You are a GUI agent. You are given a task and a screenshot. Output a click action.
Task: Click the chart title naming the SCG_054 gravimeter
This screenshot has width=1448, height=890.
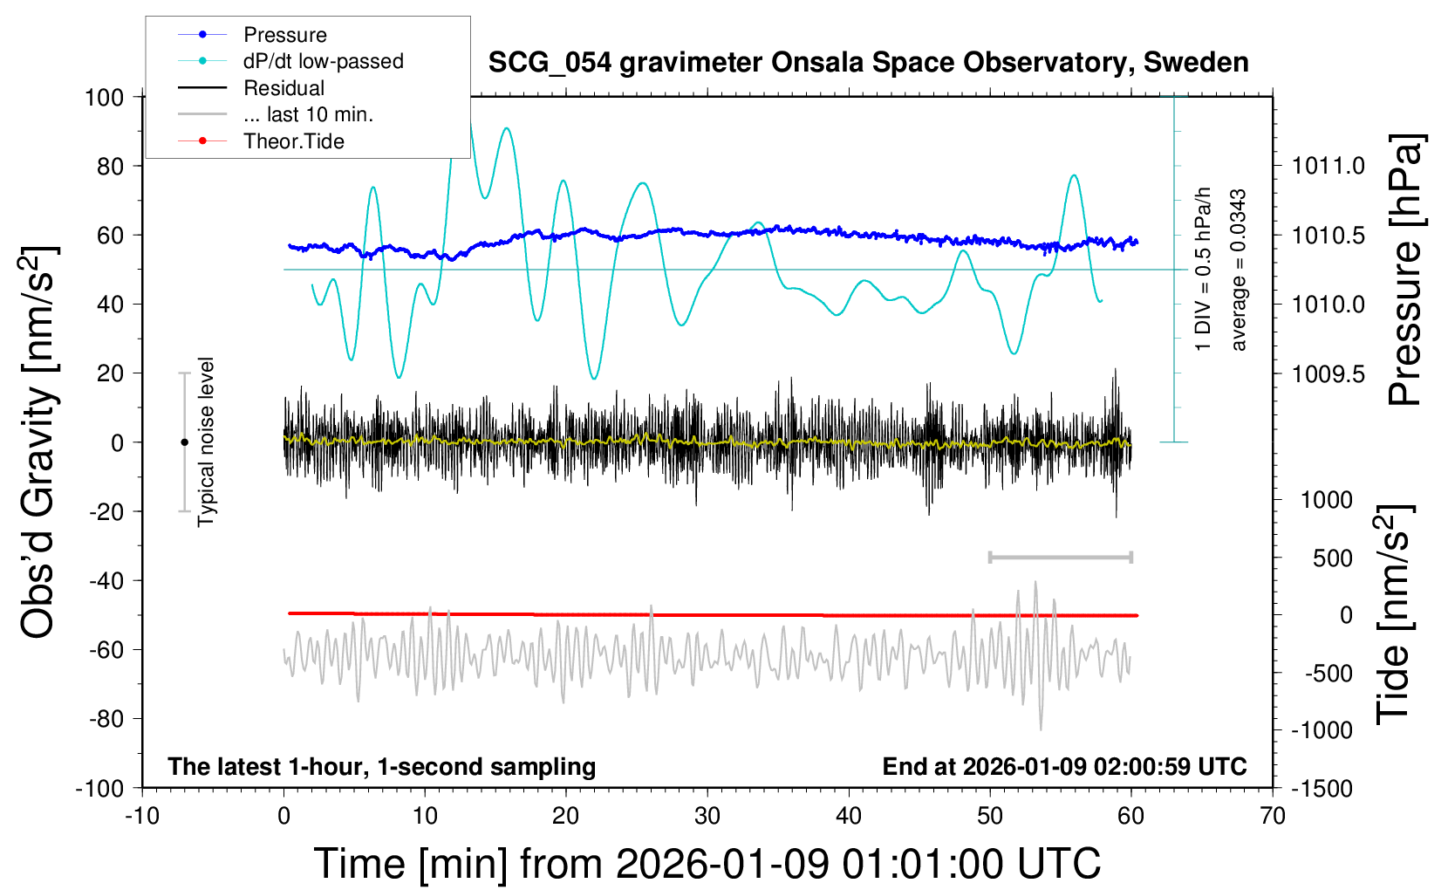point(868,63)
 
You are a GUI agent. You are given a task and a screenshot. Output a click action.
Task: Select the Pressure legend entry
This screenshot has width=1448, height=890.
point(285,35)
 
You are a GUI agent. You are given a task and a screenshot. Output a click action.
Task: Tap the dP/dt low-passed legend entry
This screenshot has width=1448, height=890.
point(323,61)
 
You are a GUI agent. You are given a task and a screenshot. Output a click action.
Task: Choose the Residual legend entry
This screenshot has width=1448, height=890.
point(283,88)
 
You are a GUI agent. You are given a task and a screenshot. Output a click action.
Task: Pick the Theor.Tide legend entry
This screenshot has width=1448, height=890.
point(294,141)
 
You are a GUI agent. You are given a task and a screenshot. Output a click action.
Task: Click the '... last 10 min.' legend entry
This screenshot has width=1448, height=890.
point(308,114)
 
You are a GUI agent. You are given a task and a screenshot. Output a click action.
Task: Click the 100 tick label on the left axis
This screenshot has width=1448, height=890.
point(105,97)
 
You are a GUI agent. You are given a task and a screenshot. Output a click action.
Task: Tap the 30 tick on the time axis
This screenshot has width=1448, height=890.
point(707,816)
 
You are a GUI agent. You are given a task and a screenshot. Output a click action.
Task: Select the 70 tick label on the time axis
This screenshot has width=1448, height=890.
point(1273,816)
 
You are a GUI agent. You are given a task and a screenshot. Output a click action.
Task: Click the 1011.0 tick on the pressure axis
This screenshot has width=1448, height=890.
point(1328,166)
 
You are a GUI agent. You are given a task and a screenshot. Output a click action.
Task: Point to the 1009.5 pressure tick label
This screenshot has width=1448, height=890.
point(1328,374)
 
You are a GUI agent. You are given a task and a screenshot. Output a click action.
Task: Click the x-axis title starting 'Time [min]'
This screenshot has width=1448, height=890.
point(707,864)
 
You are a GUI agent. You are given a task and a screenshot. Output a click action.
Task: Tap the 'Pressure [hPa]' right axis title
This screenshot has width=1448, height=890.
point(1405,270)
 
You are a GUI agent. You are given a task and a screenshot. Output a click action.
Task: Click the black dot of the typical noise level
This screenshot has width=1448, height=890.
point(184,442)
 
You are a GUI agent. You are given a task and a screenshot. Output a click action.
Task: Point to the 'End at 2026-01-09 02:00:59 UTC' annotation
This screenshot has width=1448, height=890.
point(1064,767)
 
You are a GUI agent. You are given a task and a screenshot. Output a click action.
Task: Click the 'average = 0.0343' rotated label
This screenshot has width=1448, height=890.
point(1239,270)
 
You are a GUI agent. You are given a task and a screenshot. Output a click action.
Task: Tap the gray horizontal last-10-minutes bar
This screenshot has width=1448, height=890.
point(1060,557)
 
